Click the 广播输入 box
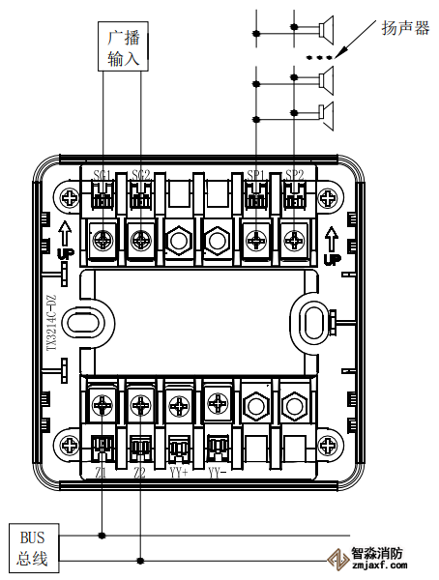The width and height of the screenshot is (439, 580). click(x=124, y=46)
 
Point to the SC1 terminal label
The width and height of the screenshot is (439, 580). click(x=102, y=175)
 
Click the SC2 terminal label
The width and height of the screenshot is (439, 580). click(x=141, y=175)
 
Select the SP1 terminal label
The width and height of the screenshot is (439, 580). click(x=256, y=175)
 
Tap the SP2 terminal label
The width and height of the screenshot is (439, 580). click(x=294, y=175)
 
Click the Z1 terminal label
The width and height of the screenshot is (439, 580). click(x=102, y=472)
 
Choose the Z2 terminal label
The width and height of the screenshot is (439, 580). click(x=140, y=472)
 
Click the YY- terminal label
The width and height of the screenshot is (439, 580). click(x=217, y=472)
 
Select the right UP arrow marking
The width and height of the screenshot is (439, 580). click(x=332, y=245)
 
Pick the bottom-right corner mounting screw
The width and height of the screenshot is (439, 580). click(x=327, y=446)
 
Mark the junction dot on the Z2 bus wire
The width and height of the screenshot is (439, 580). click(x=141, y=560)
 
